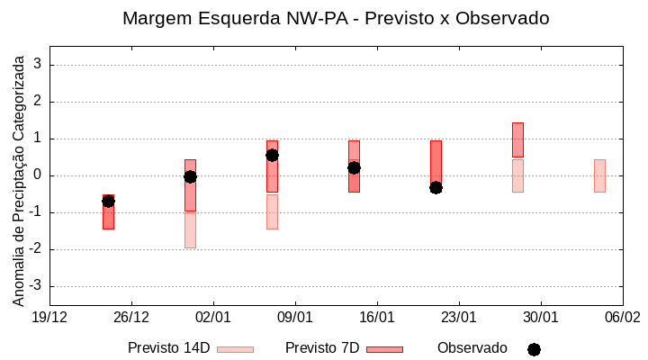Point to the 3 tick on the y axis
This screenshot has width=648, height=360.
pyautogui.click(x=39, y=65)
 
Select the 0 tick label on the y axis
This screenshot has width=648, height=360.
pyautogui.click(x=39, y=175)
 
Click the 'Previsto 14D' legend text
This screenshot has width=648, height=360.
pyautogui.click(x=168, y=348)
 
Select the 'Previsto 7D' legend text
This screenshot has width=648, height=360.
pyautogui.click(x=322, y=348)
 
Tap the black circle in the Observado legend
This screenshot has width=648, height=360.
pyautogui.click(x=534, y=349)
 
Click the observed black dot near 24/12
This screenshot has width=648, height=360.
pyautogui.click(x=108, y=201)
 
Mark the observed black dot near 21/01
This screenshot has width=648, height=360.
pyautogui.click(x=436, y=187)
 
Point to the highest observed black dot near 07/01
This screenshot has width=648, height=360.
pyautogui.click(x=272, y=155)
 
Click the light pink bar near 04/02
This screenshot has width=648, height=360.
pyautogui.click(x=599, y=175)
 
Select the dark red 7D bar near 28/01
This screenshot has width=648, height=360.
pyautogui.click(x=517, y=139)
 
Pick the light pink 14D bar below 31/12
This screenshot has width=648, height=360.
pyautogui.click(x=190, y=229)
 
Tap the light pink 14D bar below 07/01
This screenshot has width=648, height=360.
pyautogui.click(x=272, y=211)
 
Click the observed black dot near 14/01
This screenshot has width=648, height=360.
pyautogui.click(x=354, y=167)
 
